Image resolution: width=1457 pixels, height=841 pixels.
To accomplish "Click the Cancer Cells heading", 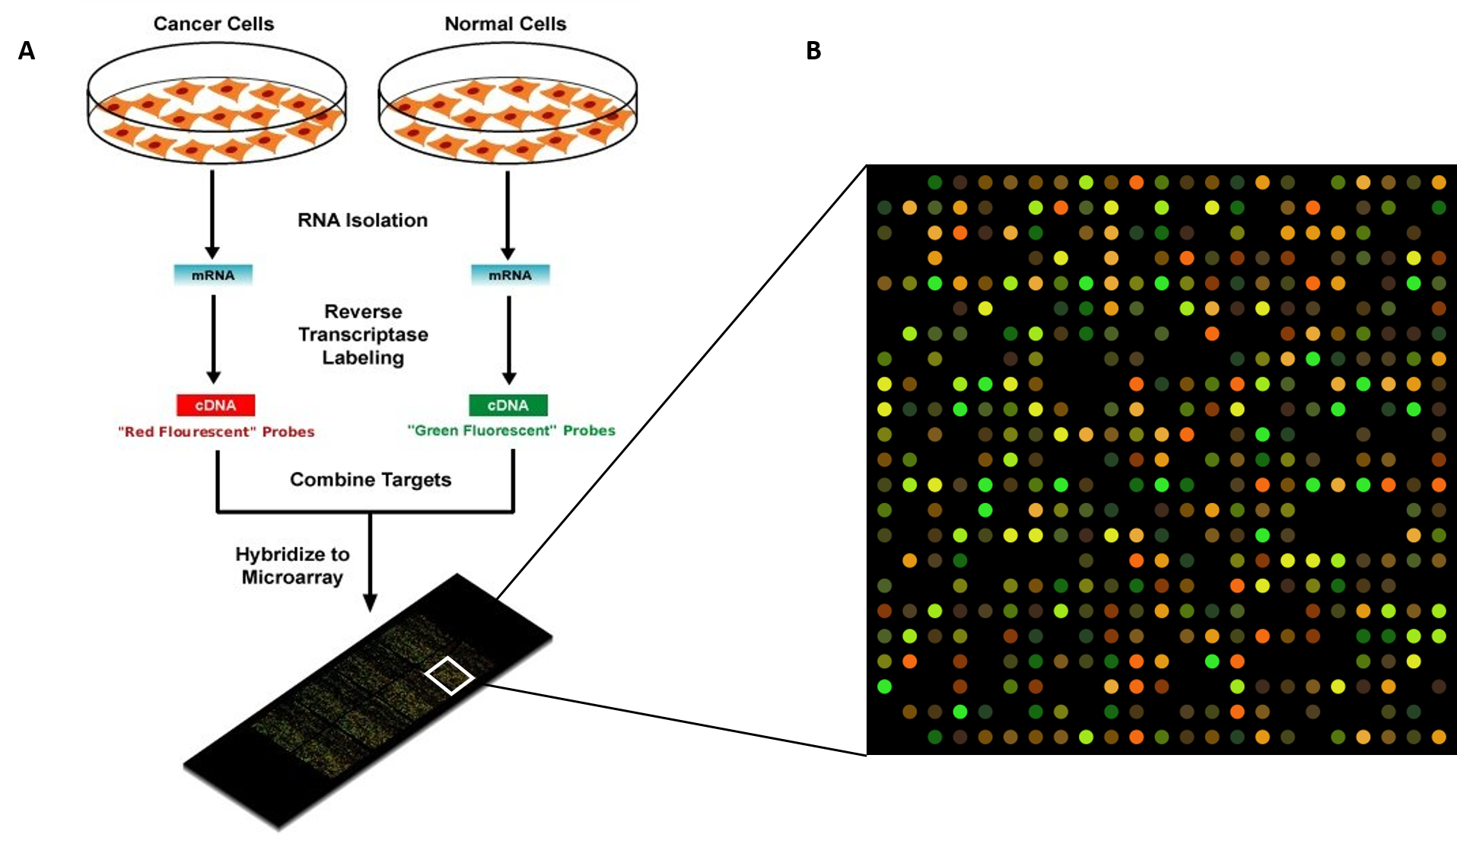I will (x=213, y=24).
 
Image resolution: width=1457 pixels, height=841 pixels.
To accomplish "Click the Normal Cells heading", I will (x=505, y=24).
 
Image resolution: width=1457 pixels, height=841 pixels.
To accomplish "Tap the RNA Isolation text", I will (x=362, y=220).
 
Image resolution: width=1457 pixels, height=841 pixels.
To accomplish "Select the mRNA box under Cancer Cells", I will (x=213, y=275).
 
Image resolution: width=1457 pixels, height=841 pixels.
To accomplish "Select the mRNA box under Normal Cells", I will (x=510, y=275).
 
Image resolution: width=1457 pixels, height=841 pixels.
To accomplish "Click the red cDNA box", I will (x=215, y=405).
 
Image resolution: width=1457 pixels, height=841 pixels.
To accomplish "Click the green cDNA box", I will (x=508, y=405).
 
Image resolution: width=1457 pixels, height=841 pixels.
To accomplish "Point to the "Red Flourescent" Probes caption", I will (x=216, y=432).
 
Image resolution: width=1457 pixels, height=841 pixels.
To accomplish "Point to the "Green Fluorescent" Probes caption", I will (x=511, y=430).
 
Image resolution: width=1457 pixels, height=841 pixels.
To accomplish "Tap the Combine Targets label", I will (x=371, y=479).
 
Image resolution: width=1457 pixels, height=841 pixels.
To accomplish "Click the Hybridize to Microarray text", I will (x=293, y=565).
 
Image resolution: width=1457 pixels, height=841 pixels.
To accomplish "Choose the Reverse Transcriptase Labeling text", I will (x=363, y=334).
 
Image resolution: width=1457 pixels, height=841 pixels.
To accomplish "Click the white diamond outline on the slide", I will (x=450, y=675).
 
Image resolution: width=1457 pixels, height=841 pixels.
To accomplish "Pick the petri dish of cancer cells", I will (x=217, y=103).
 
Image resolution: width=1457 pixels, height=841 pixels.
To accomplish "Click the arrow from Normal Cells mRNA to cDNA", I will (x=509, y=339).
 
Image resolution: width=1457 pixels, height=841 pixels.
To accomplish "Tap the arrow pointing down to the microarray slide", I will (x=370, y=563).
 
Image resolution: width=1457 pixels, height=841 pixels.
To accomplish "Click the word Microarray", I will (x=293, y=578).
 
